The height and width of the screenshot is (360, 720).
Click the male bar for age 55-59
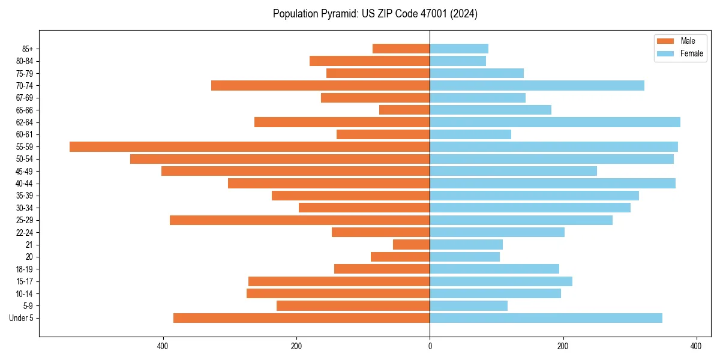[x=250, y=146]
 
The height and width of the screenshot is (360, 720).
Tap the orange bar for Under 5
[x=301, y=318]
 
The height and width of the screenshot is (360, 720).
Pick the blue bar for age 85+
[x=459, y=49]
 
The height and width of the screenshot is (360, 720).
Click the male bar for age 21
[x=411, y=244]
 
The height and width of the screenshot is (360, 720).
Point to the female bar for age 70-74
[x=537, y=85]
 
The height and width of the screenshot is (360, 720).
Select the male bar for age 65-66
[x=404, y=110]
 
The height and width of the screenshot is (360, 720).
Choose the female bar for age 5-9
[x=469, y=305]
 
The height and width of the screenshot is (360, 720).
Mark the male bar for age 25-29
[x=299, y=220]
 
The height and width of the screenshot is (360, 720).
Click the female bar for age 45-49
[x=513, y=171]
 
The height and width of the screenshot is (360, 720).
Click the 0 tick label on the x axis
[x=430, y=346]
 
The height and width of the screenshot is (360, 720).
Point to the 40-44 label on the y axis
[x=25, y=184]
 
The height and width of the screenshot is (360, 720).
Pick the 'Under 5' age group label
[x=21, y=318]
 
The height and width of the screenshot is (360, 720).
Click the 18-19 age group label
[x=25, y=269]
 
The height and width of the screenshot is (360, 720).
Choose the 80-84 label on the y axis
[x=25, y=61]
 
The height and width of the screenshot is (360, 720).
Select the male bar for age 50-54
[x=280, y=159]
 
